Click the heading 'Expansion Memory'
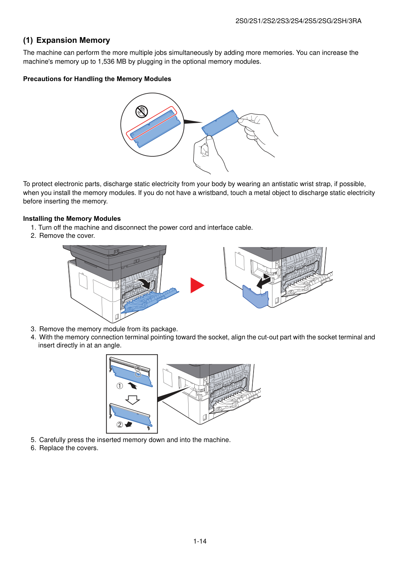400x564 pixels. [x=73, y=40]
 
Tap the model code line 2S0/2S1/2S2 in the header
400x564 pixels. [x=298, y=21]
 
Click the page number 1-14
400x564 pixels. [x=200, y=541]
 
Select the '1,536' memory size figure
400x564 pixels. [x=106, y=62]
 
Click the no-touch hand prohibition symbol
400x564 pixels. [x=142, y=112]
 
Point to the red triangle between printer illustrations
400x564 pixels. [x=197, y=285]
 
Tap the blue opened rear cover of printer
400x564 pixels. [x=150, y=301]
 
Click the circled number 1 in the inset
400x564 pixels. [x=120, y=386]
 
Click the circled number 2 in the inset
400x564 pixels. [x=120, y=425]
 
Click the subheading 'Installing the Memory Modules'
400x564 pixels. [x=72, y=218]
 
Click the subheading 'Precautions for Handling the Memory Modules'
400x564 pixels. [x=97, y=79]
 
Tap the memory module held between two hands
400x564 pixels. [x=220, y=123]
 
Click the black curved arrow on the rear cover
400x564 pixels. [x=145, y=284]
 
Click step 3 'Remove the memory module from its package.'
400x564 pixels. [x=104, y=329]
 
